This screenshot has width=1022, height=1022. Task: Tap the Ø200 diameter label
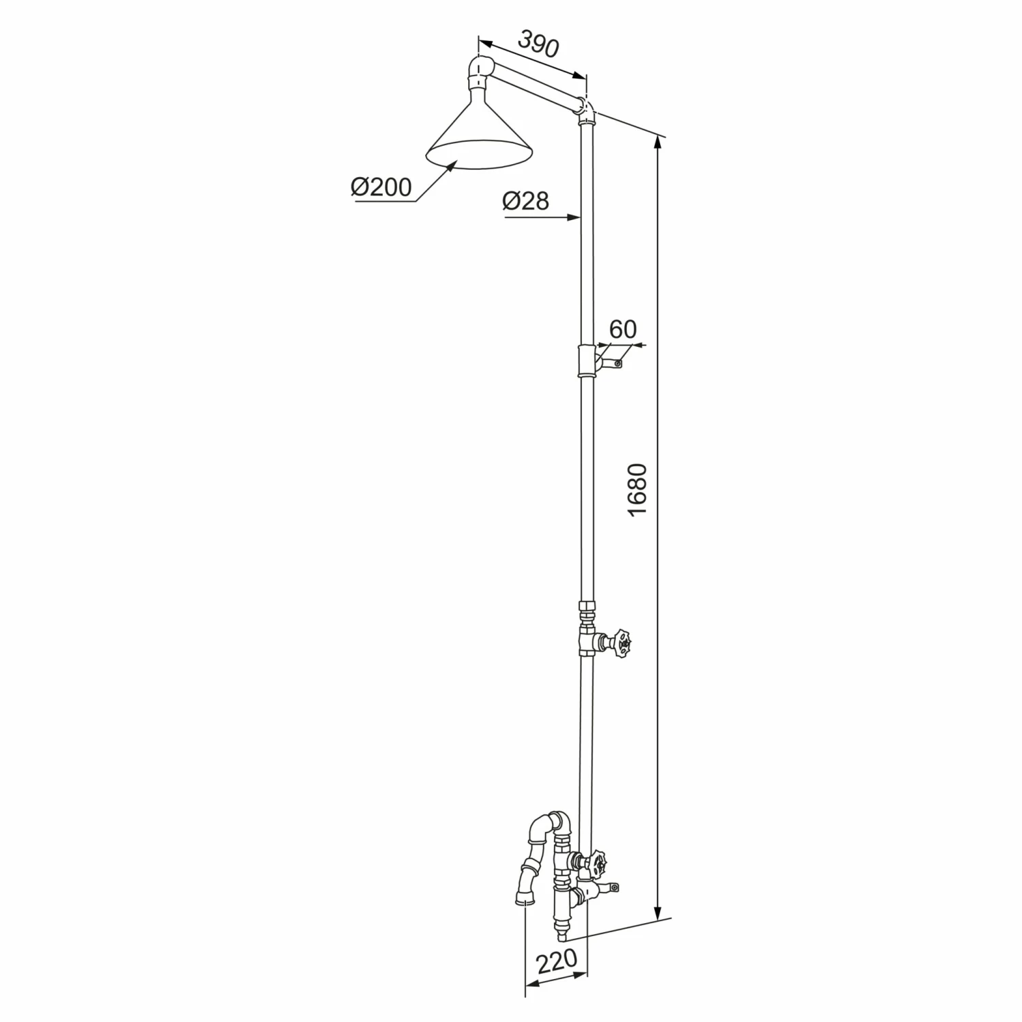click(x=382, y=187)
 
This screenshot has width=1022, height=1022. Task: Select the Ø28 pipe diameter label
click(x=525, y=200)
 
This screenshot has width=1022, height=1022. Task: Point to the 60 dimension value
click(x=622, y=329)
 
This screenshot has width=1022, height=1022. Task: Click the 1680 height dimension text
click(x=636, y=490)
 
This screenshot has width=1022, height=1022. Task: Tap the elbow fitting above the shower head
click(x=481, y=72)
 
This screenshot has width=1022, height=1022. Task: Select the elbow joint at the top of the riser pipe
click(x=586, y=110)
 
